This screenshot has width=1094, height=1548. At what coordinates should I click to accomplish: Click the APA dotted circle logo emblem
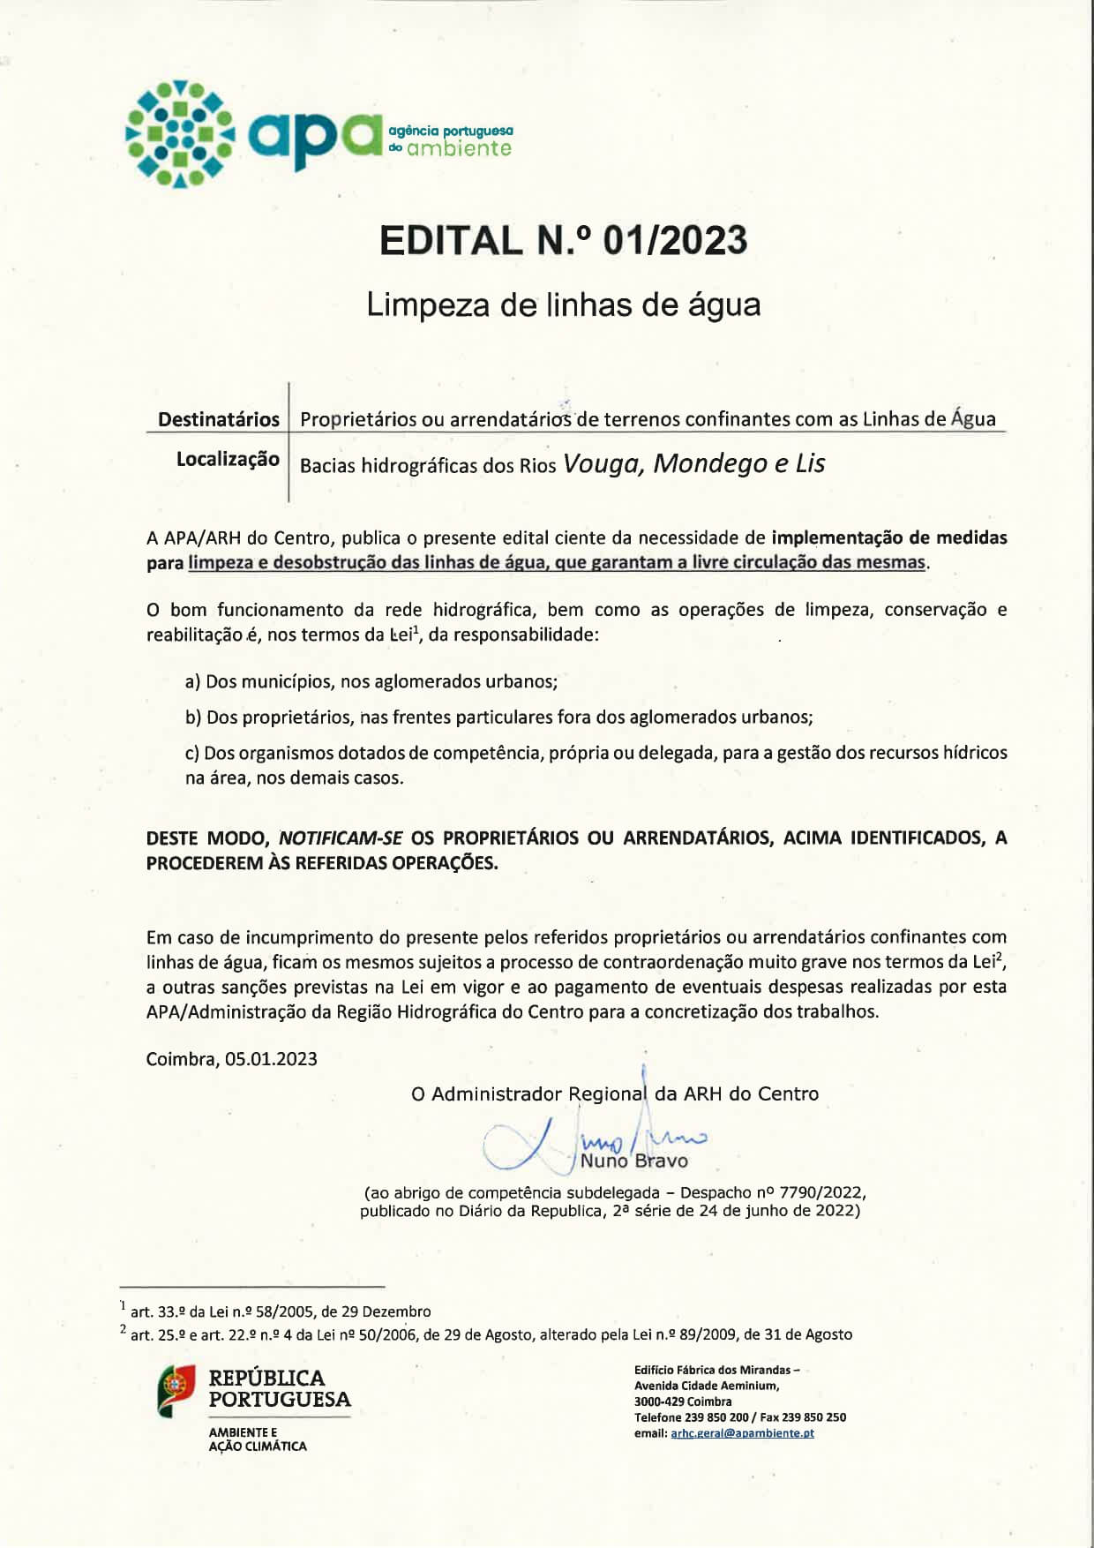(x=180, y=134)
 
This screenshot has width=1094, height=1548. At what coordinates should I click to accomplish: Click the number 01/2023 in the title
(x=675, y=241)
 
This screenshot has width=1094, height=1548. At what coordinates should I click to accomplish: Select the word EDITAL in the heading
(x=451, y=241)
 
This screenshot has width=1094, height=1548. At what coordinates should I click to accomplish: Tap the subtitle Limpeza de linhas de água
(x=563, y=304)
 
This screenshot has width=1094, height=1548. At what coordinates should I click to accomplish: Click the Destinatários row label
(x=218, y=419)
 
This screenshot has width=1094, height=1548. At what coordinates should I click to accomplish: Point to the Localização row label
(x=228, y=459)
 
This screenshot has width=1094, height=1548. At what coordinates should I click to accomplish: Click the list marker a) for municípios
(x=192, y=681)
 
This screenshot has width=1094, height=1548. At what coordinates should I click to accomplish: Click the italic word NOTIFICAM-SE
(x=341, y=838)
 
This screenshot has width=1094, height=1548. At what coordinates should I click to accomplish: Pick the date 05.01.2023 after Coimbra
(x=271, y=1059)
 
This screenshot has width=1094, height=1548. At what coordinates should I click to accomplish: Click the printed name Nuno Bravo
(x=633, y=1161)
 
